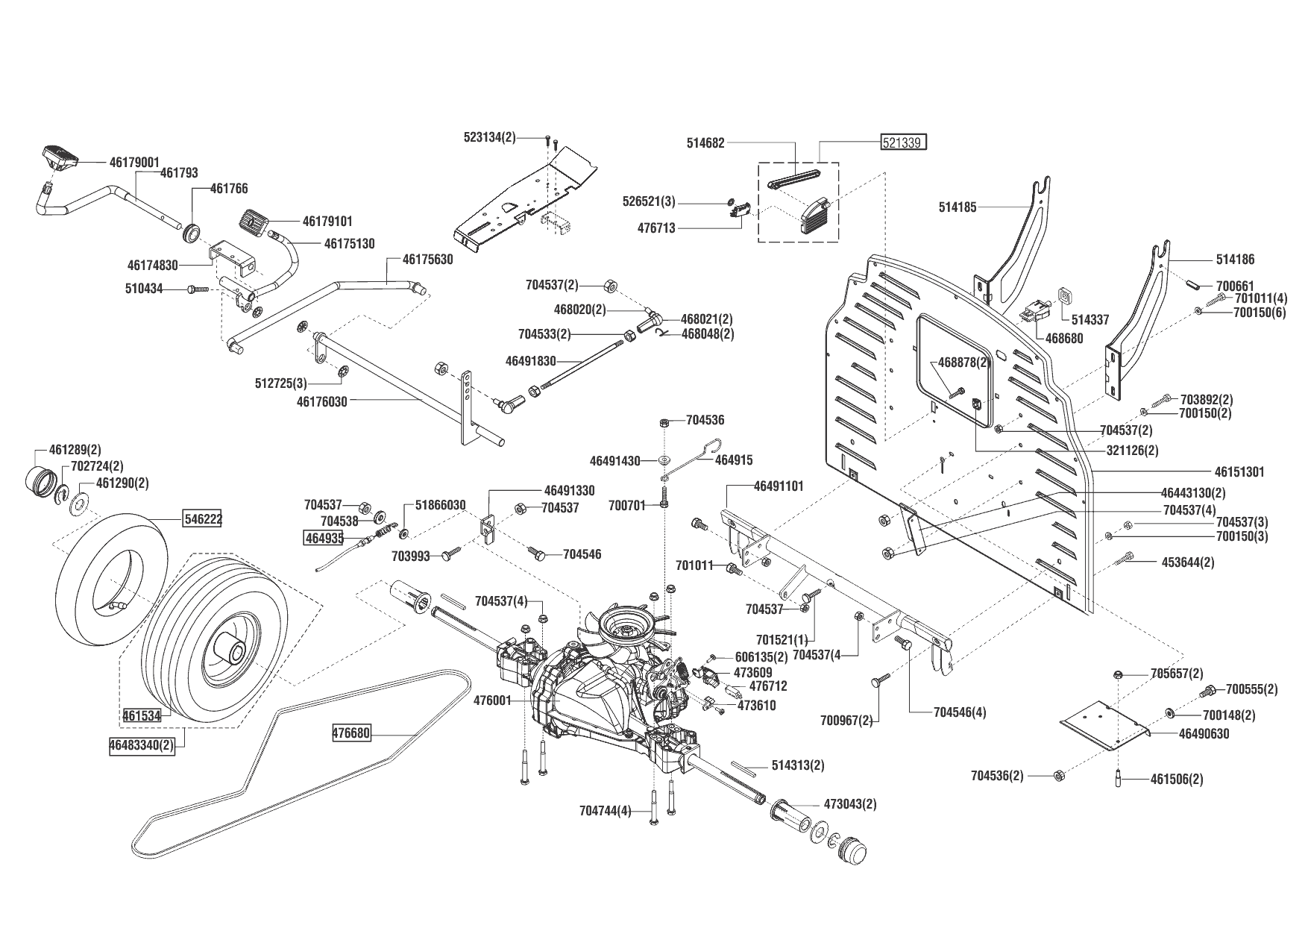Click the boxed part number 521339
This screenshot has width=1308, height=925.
coord(904,142)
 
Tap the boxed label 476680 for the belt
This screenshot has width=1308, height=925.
coord(351,733)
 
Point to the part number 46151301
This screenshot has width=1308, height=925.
coord(1239,472)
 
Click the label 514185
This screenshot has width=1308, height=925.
coord(958,207)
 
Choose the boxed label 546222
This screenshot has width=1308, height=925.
coord(203,518)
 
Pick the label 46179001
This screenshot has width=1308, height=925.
coord(134,162)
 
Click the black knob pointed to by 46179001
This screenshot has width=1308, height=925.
coord(59,155)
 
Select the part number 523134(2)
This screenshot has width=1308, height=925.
coord(489,137)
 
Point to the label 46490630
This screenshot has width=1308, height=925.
coord(1204,734)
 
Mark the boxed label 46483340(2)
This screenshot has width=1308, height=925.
coord(142,745)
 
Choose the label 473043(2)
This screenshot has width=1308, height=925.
coord(850,804)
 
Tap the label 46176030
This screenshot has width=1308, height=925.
coord(321,401)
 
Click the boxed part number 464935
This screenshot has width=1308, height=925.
coord(323,537)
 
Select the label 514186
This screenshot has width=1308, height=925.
coord(1235,260)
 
